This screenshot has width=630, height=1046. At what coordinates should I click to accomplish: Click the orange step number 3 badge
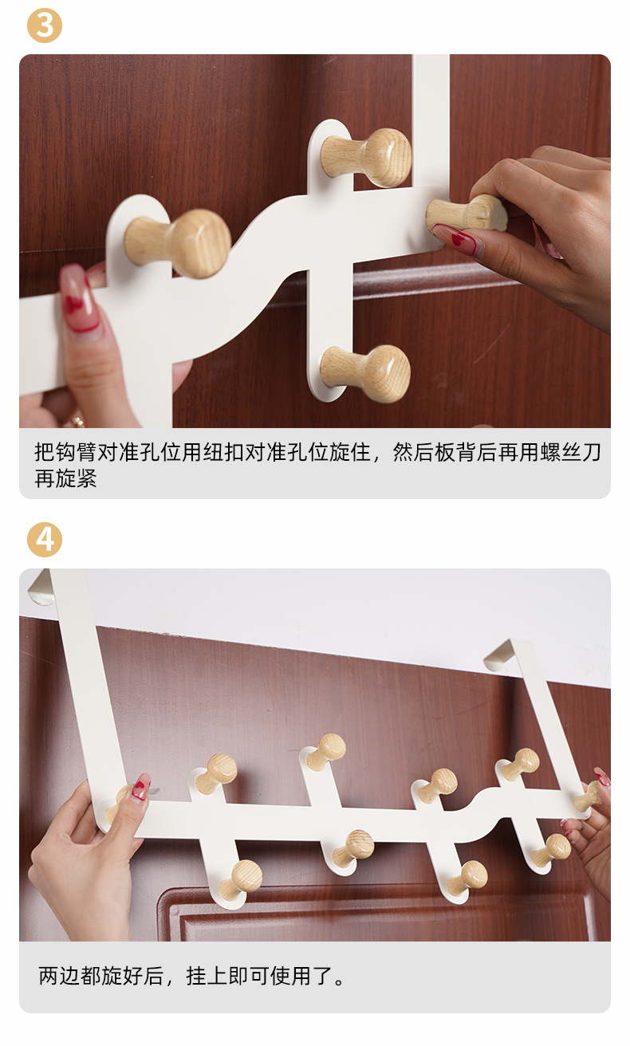(x=45, y=26)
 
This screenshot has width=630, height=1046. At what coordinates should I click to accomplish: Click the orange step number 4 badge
(x=45, y=539)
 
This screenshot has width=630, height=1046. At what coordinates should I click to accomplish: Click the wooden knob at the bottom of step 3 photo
(x=366, y=373)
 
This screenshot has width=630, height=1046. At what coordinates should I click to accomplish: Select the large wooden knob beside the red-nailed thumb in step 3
(x=179, y=242)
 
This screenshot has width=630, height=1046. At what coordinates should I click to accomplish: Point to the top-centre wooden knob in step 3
(x=366, y=157)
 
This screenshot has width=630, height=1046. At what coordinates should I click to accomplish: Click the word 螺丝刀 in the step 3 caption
(x=570, y=452)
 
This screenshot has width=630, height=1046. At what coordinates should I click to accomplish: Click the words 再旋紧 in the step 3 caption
(x=65, y=478)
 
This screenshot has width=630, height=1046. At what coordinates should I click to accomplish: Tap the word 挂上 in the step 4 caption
(x=207, y=976)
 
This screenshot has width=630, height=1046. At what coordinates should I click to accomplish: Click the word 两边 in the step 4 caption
(x=59, y=976)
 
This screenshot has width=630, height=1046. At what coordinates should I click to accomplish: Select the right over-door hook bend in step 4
(x=509, y=651)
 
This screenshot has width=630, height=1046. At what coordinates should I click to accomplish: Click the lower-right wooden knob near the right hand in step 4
(x=552, y=849)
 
